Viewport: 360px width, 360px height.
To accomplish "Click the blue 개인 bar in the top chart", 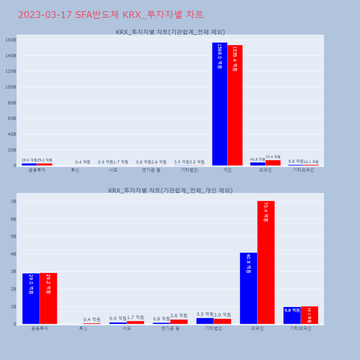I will [220, 104].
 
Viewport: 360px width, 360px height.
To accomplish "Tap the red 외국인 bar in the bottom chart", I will [266, 262].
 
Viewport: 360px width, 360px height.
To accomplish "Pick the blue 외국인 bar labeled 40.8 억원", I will [248, 288].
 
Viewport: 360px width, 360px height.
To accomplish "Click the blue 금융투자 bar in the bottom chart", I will [31, 298].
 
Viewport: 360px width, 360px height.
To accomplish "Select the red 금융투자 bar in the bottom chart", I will [48, 298].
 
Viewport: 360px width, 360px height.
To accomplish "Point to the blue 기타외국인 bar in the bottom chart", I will [292, 315].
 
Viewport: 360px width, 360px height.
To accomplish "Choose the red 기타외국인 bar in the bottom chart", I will [309, 315].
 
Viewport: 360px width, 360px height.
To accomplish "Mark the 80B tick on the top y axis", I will [12, 103].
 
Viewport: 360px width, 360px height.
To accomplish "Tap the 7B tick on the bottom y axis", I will [13, 202].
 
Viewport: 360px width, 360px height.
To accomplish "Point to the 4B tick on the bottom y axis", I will [13, 254].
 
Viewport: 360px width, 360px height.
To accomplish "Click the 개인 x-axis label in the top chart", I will [227, 170].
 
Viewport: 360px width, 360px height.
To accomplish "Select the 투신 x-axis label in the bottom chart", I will [83, 328].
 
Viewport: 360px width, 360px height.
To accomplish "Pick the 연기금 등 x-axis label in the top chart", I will [151, 170].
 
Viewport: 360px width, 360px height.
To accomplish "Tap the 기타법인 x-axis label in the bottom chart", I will [213, 328].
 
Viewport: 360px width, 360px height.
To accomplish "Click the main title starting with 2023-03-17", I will [111, 15].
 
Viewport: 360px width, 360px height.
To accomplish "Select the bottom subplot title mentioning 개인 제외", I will [170, 190].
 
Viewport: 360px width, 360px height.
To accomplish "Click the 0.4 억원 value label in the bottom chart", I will [92, 319].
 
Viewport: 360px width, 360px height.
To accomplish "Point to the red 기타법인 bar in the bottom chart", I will [222, 321].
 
